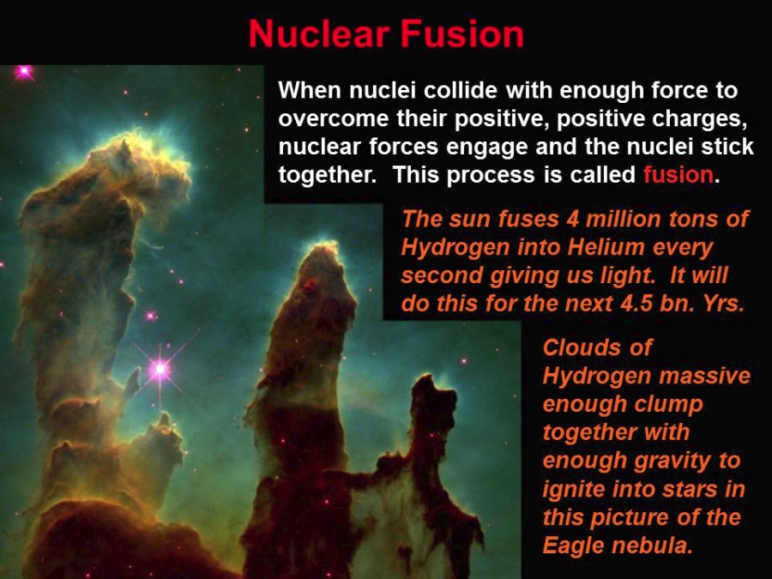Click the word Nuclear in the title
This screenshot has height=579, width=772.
click(x=318, y=33)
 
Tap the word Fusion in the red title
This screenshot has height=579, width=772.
click(x=461, y=33)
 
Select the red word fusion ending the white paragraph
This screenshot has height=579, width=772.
click(x=678, y=174)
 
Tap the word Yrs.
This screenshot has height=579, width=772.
click(x=724, y=304)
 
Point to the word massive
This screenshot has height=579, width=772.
click(x=704, y=376)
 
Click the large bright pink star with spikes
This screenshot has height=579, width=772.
click(x=160, y=368)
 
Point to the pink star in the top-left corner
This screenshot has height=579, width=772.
click(x=24, y=72)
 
